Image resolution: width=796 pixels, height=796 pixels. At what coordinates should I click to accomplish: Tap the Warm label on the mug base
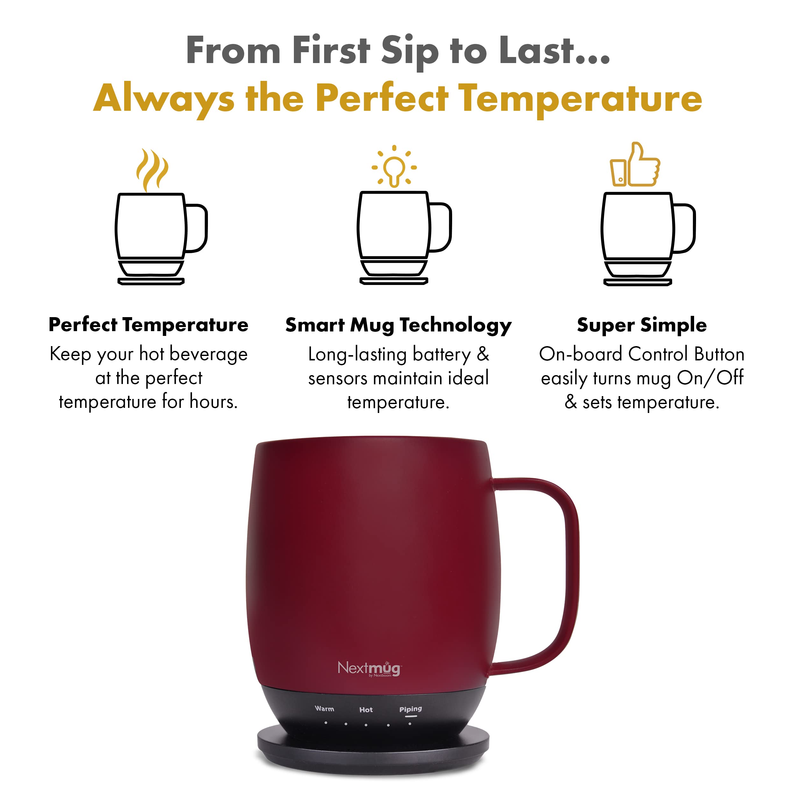coord(324,709)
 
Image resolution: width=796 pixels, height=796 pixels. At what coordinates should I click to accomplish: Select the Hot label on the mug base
coord(366,709)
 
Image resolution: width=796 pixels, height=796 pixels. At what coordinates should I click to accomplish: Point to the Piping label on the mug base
coord(410,709)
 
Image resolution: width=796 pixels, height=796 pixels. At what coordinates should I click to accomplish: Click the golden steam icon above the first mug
coord(152,170)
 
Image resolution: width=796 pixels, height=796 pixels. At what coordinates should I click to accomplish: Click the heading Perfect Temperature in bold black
coord(148,325)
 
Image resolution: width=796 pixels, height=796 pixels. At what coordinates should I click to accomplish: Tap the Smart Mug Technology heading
coord(398,325)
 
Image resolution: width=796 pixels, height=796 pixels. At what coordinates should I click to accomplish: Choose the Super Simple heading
coord(642,325)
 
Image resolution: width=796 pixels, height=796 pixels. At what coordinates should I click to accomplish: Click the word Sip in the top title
coord(409,52)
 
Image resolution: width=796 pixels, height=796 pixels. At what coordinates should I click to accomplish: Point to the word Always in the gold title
coord(164,99)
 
